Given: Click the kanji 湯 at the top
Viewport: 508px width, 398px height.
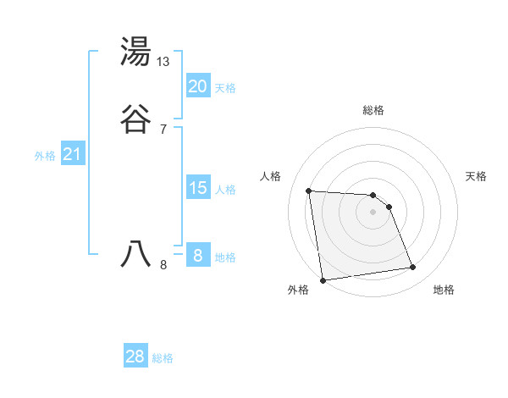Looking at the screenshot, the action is [136, 52].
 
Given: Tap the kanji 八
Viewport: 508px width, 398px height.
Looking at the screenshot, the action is [136, 253].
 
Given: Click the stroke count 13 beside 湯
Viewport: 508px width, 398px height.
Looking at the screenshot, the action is [163, 62].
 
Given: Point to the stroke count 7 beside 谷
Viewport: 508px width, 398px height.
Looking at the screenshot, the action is [163, 129].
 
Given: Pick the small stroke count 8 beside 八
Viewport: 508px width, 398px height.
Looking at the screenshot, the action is [163, 264].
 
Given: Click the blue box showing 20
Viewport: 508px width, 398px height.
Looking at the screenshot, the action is [197, 86].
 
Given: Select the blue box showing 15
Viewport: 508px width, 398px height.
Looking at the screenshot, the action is [197, 187].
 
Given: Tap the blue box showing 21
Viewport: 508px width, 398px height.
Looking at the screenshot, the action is [72, 154].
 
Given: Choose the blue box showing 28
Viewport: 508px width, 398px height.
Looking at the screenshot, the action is [135, 357].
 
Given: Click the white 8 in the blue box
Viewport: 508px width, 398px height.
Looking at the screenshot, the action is [197, 255].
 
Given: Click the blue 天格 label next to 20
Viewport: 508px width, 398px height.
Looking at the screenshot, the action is [225, 87].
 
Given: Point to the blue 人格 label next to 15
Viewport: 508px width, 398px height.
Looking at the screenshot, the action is [225, 189].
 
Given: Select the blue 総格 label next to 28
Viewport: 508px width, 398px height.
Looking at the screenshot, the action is [163, 358].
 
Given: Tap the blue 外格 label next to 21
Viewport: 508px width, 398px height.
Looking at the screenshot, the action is [45, 156].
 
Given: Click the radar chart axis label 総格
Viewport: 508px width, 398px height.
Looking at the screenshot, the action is [373, 110].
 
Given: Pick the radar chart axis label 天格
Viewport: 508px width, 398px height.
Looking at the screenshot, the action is [476, 176].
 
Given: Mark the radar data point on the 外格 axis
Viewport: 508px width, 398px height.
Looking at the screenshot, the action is [323, 279].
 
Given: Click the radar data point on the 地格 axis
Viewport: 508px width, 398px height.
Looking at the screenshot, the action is [413, 268].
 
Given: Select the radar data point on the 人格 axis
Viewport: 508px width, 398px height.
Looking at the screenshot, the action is [309, 191].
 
